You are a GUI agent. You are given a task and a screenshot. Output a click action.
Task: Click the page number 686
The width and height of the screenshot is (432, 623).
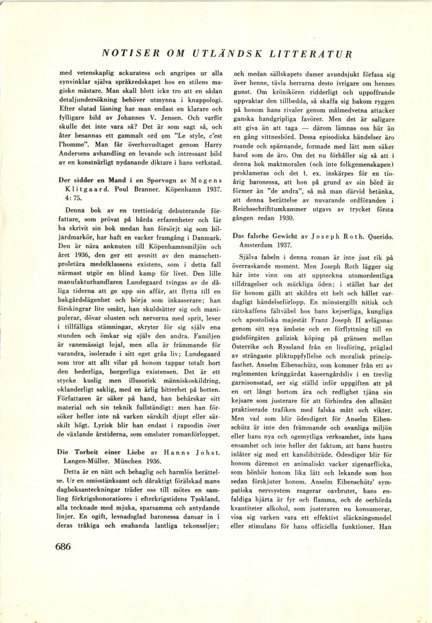pos(63,547)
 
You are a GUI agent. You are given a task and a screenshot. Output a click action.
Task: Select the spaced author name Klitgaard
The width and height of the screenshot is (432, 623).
pos(77,189)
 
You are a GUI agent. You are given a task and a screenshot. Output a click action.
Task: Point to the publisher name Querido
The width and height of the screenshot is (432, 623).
pos(381,236)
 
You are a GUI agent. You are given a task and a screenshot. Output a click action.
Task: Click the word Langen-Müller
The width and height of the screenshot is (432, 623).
pos(87,461)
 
